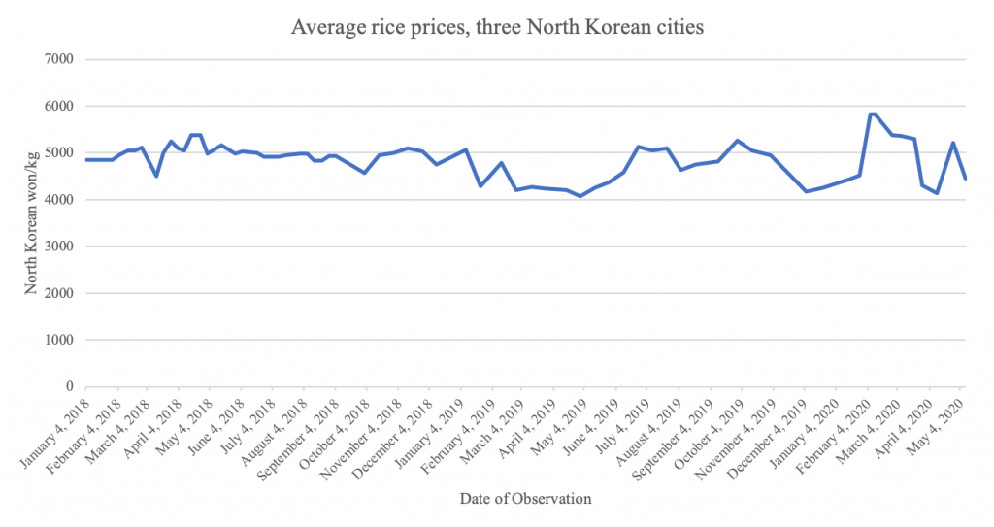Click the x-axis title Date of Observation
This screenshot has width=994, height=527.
(525, 499)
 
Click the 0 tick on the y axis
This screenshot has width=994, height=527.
(73, 386)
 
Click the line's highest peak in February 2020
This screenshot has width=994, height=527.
(872, 114)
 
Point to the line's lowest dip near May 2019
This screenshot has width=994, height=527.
(580, 196)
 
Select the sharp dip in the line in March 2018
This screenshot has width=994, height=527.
(156, 176)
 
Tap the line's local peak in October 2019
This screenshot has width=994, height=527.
(738, 141)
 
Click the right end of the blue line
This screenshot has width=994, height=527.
(965, 179)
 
